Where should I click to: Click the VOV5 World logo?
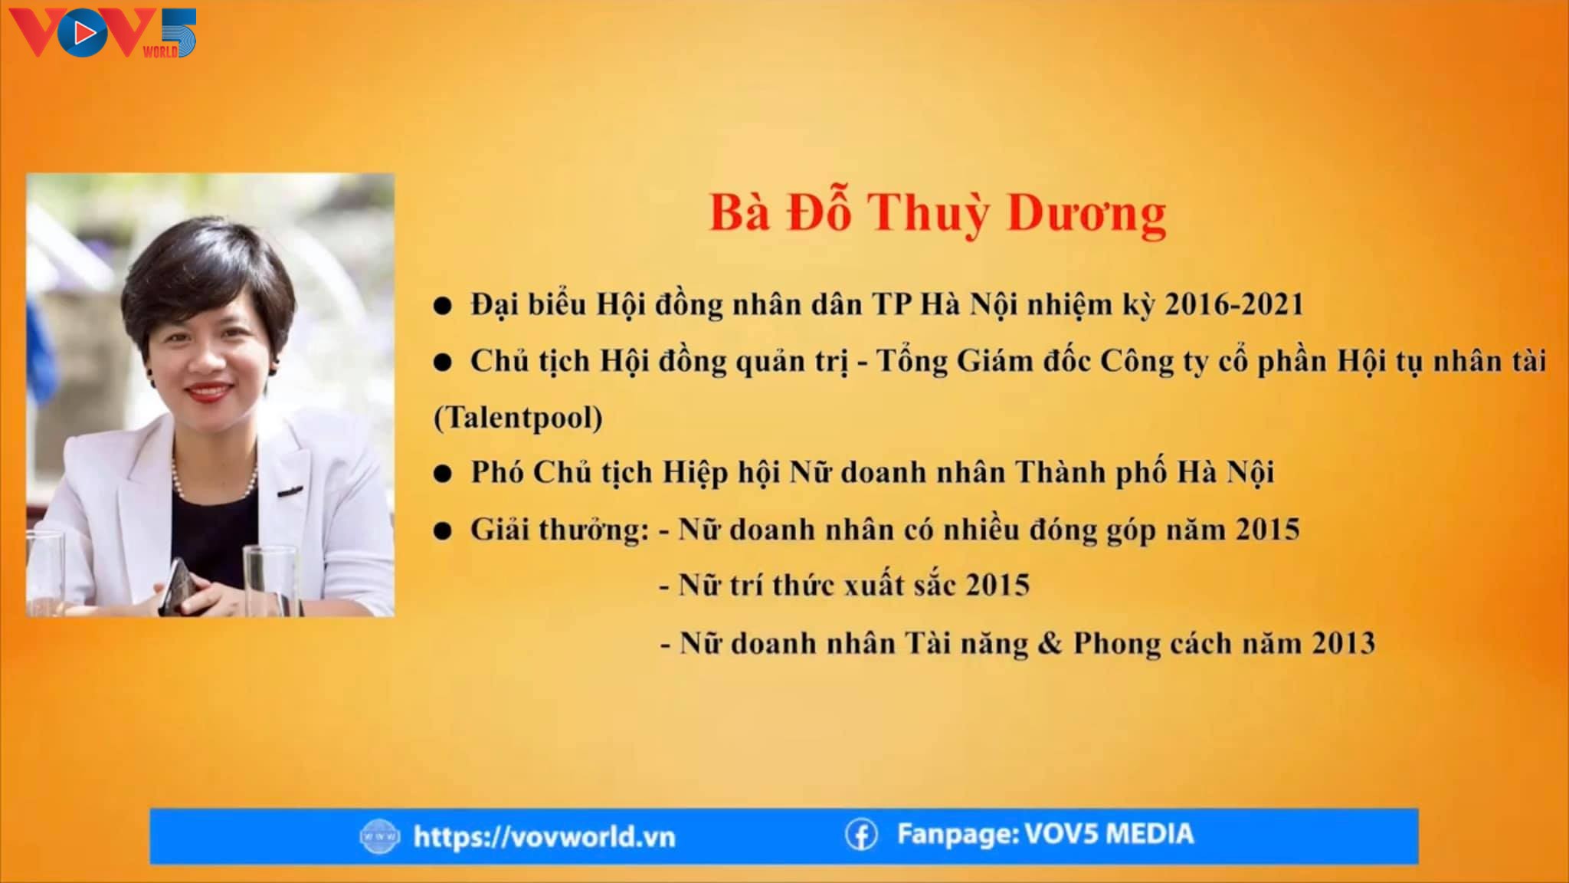point(103,33)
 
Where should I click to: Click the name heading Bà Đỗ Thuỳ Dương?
point(938,213)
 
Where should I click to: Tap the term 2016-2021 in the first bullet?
point(1234,304)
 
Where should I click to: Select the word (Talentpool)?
point(519,418)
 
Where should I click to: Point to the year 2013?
point(1343,642)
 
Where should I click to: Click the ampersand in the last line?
point(1050,642)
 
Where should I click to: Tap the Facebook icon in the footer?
point(861,835)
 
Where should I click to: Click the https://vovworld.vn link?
point(544,836)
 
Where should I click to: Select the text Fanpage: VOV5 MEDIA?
point(1045,834)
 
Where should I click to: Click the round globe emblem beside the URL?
point(379,836)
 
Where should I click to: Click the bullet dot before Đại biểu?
point(442,307)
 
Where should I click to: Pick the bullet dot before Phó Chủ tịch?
point(442,474)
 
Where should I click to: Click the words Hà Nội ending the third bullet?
point(1226,472)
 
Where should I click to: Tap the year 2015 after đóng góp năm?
point(1267,530)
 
